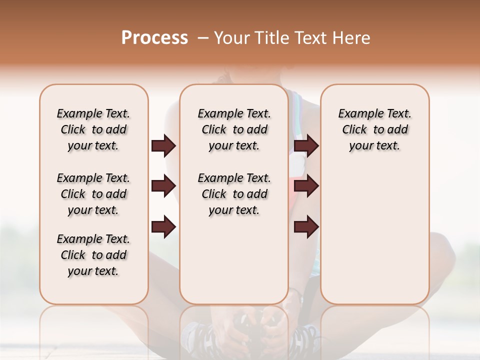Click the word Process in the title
click(154, 38)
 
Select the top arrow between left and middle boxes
click(163, 146)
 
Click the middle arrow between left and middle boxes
click(163, 186)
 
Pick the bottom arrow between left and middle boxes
click(163, 226)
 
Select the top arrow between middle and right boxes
click(306, 146)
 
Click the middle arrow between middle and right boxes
click(306, 186)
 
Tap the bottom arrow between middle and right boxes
click(306, 226)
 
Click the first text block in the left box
click(93, 129)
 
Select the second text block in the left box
click(93, 194)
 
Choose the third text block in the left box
click(93, 255)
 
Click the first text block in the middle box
click(234, 129)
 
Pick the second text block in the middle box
click(234, 194)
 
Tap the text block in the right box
click(374, 129)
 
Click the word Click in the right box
click(354, 130)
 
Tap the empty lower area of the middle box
click(234, 260)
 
